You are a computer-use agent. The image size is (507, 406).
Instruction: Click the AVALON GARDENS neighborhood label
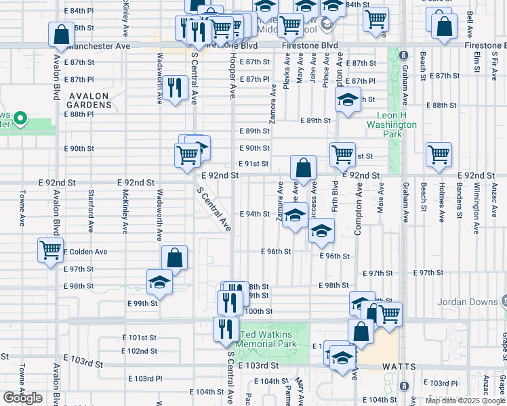pos(89,100)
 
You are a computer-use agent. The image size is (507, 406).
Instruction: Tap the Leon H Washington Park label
pos(392,125)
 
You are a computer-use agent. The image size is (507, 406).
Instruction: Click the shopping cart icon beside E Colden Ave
pos(51,250)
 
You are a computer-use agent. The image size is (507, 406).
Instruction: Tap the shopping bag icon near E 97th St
pos(175,258)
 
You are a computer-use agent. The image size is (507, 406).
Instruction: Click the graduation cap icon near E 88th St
pos(348,101)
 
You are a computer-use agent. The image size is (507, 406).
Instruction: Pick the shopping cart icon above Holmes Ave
pos(439,154)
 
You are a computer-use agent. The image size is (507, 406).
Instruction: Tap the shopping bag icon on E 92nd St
pos(304,168)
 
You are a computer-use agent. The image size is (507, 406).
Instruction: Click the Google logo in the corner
pos(22,398)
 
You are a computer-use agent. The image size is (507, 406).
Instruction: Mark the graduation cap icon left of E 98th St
pos(159,281)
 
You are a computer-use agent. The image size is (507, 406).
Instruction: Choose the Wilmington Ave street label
pos(476,202)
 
